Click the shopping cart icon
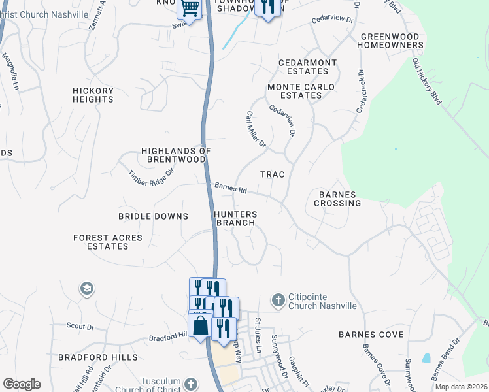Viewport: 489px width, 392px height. [190, 8]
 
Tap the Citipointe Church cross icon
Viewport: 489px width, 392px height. [278, 301]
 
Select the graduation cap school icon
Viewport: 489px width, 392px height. [86, 288]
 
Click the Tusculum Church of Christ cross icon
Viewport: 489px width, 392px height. [190, 384]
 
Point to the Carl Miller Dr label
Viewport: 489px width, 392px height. [256, 129]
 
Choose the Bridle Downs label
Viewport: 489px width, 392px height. [153, 216]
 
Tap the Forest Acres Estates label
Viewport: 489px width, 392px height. [108, 242]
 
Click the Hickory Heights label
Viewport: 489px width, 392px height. [93, 95]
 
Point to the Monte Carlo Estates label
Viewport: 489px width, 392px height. [301, 91]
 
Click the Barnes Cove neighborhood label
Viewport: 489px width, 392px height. [371, 335]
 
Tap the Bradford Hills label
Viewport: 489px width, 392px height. [98, 357]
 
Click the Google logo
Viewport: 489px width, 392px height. [22, 384]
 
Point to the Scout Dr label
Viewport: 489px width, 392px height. [80, 325]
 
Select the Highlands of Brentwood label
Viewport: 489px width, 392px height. [176, 155]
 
